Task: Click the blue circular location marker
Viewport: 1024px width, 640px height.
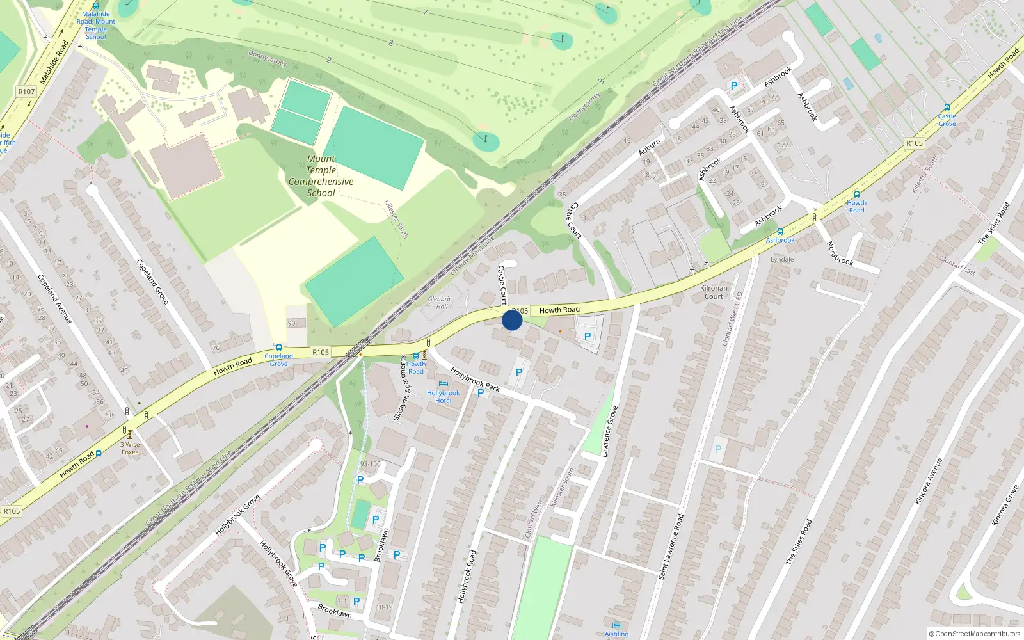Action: click(x=512, y=320)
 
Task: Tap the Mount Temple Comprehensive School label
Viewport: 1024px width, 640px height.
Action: click(x=321, y=176)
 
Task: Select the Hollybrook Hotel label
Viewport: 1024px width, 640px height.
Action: click(x=443, y=396)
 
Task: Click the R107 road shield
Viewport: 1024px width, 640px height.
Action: click(x=26, y=92)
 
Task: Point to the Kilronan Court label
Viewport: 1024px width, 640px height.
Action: click(x=714, y=292)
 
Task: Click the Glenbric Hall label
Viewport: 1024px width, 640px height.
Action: click(x=440, y=303)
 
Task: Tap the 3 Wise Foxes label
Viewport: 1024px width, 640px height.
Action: click(x=130, y=448)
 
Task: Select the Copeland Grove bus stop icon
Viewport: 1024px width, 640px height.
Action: click(x=278, y=348)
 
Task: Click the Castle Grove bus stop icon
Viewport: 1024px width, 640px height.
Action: click(x=947, y=108)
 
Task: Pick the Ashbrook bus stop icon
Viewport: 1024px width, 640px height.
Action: click(x=780, y=232)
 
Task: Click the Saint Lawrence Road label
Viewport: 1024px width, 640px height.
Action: click(x=671, y=547)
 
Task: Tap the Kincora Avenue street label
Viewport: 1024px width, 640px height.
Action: click(x=929, y=481)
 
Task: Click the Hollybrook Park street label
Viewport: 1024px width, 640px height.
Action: click(x=475, y=379)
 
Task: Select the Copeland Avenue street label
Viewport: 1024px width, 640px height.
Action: click(x=54, y=298)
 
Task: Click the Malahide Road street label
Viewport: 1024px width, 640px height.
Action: click(x=54, y=62)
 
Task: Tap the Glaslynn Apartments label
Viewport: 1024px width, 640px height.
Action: click(x=401, y=388)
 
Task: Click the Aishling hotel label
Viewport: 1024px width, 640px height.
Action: click(x=616, y=634)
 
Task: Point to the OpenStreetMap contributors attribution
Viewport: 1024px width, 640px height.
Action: click(x=974, y=634)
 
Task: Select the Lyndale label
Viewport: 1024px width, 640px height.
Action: click(x=782, y=259)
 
